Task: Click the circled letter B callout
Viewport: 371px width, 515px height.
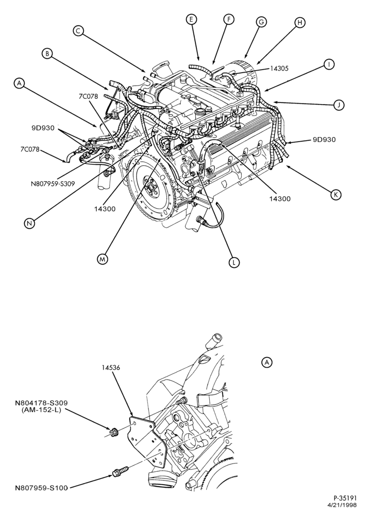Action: click(47, 54)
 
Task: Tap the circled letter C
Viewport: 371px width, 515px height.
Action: click(78, 31)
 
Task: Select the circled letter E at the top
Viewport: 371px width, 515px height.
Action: click(191, 20)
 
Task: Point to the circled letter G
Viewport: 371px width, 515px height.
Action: click(261, 22)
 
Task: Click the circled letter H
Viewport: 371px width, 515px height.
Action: click(299, 22)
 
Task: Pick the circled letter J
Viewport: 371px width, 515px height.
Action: click(339, 105)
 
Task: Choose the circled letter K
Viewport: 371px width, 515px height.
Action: click(336, 195)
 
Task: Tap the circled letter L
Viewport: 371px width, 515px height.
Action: click(234, 262)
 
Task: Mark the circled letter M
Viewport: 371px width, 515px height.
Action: click(103, 259)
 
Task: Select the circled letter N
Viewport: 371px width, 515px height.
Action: click(29, 223)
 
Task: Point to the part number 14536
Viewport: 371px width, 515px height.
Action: click(111, 367)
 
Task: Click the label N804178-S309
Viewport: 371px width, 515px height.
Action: click(41, 403)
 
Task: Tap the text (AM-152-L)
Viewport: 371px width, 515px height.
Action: click(42, 410)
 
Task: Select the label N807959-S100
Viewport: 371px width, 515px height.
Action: click(41, 488)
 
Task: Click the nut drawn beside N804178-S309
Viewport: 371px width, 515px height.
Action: click(114, 432)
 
